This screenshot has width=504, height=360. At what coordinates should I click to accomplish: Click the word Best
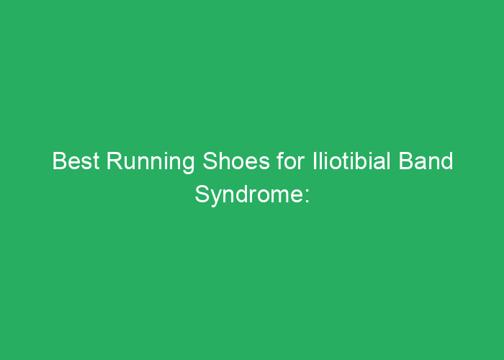pyautogui.click(x=76, y=162)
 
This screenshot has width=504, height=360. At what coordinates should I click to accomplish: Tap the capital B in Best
pyautogui.click(x=59, y=162)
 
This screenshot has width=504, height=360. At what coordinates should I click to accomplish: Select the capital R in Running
pyautogui.click(x=114, y=162)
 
